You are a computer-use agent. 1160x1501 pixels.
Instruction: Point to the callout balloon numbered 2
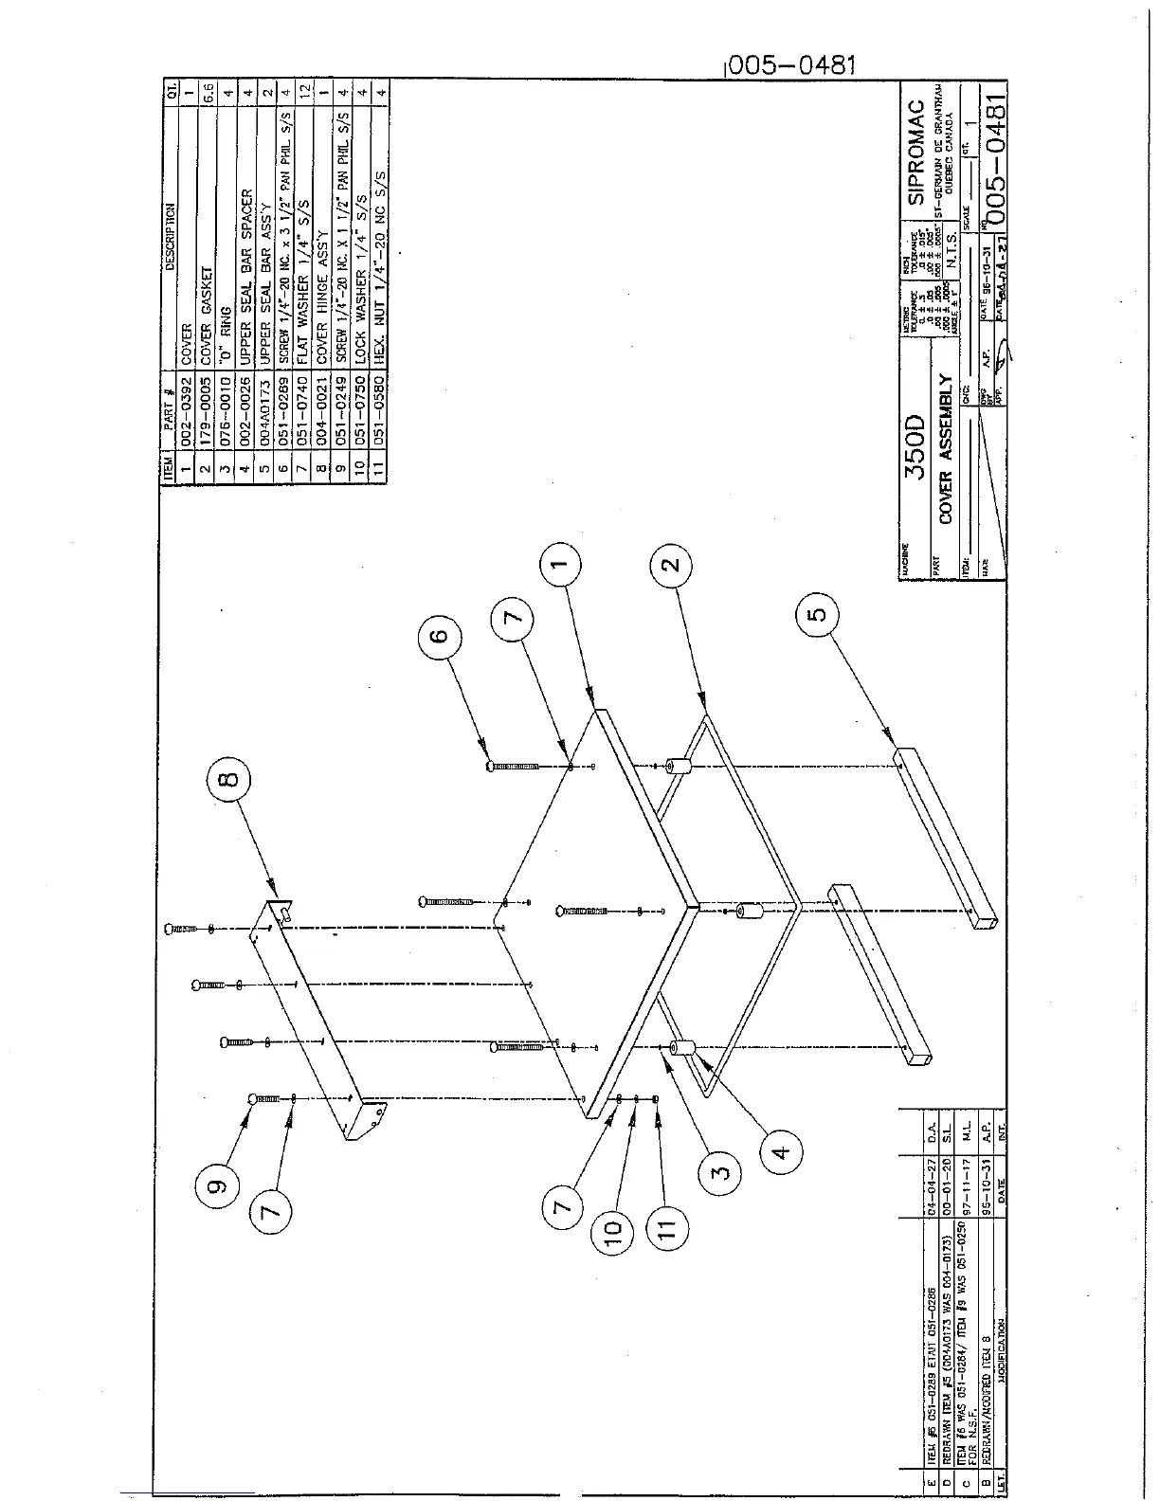coord(670,566)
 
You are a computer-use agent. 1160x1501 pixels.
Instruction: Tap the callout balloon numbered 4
coord(780,1153)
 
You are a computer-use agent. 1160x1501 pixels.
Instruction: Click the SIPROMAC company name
coord(915,154)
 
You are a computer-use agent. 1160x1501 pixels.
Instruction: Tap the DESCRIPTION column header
coord(169,237)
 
